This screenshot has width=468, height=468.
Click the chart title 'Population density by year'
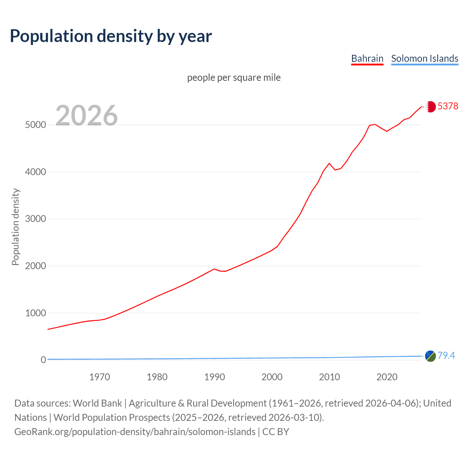111,36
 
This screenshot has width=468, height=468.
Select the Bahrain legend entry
367,58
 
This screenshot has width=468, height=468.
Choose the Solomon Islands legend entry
424,58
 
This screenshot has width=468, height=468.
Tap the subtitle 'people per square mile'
234,78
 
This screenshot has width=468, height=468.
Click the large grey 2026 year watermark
87,116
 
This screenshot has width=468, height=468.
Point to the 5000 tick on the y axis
35,125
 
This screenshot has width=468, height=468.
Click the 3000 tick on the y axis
35,219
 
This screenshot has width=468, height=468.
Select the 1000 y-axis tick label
35,313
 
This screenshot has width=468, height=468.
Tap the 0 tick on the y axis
44,360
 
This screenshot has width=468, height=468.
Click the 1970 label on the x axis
99,377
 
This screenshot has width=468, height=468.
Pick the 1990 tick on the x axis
215,377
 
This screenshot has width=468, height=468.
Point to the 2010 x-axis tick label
329,377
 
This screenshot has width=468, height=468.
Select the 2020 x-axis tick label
387,377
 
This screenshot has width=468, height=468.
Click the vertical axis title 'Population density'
15,227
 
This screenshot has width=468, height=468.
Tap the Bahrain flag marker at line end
430,106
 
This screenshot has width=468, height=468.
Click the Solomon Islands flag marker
430,356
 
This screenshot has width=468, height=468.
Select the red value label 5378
448,106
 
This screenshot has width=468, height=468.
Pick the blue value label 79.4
446,355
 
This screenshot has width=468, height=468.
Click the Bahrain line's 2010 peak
329,163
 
